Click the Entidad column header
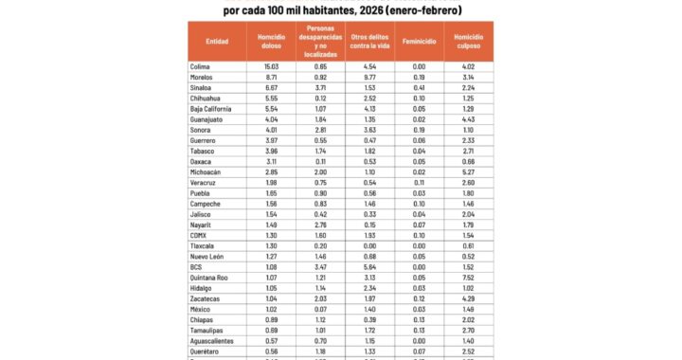(x=217, y=42)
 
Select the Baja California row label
(x=211, y=111)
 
